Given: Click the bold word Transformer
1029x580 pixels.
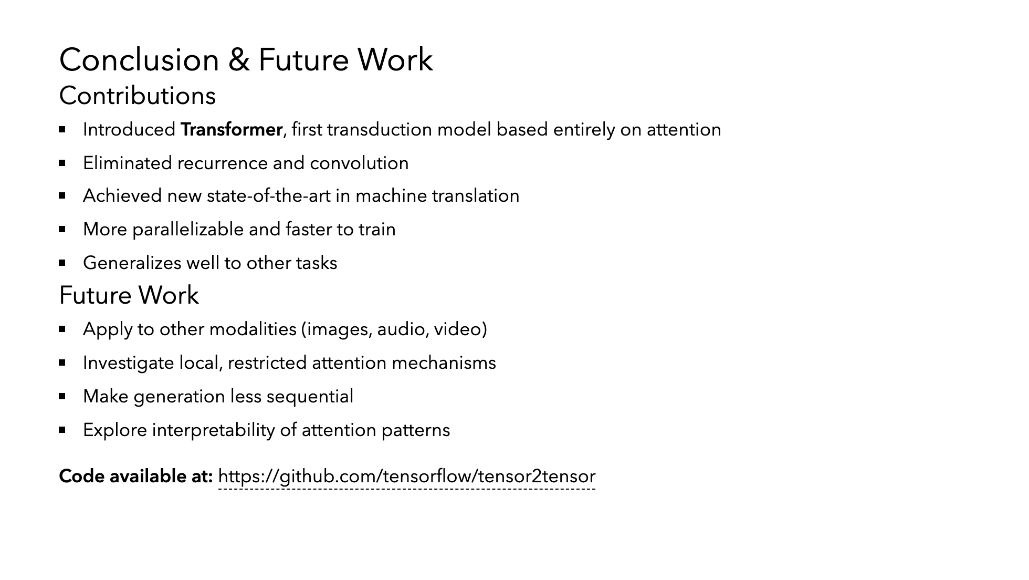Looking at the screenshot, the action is [x=232, y=130].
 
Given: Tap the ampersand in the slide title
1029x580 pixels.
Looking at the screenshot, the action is [x=239, y=60].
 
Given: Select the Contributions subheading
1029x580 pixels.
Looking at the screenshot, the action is [x=138, y=96].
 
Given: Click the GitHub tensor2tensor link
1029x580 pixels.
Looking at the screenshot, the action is [x=407, y=477].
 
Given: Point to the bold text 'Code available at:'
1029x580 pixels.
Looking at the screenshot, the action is [x=136, y=477].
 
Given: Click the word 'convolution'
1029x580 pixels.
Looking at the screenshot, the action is [x=359, y=163].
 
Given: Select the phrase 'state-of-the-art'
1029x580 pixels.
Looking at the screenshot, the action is [x=269, y=196].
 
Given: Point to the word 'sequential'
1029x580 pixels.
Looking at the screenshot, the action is [x=310, y=397].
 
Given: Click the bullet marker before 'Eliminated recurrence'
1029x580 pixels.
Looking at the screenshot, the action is [x=62, y=163].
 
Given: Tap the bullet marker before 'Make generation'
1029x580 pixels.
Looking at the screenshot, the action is [x=62, y=396].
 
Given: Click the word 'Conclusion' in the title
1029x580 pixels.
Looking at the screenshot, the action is [x=139, y=60].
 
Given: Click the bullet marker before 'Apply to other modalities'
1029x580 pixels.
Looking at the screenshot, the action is [x=62, y=329].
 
